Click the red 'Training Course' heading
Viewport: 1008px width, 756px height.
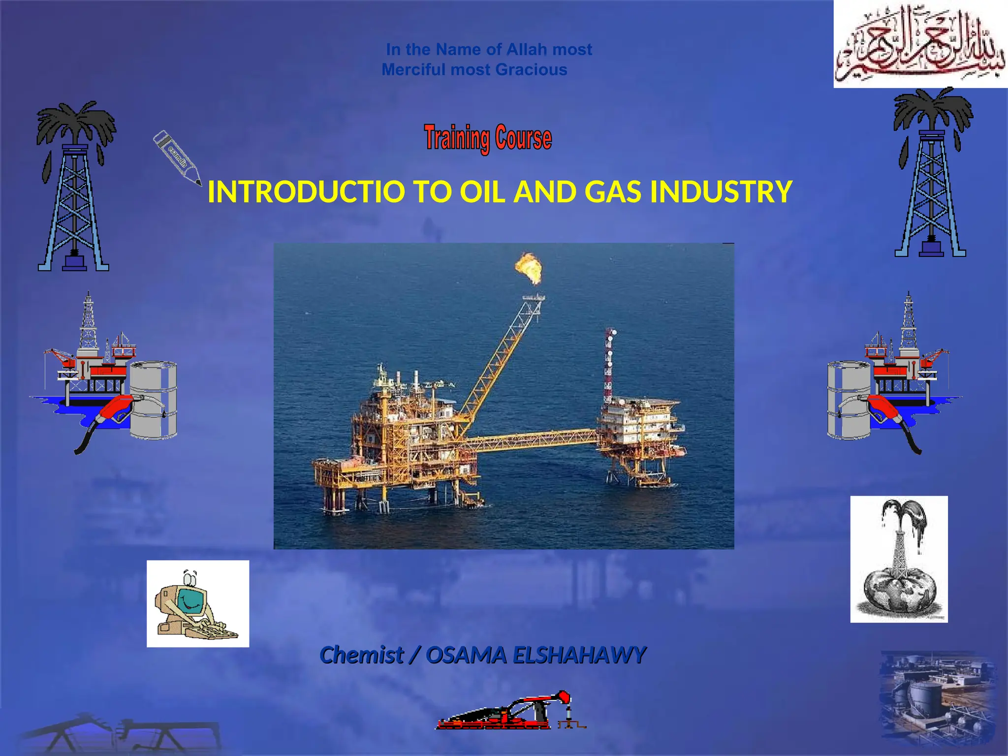488,138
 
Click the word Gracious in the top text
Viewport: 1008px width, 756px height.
531,70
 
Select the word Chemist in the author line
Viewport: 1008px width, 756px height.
362,655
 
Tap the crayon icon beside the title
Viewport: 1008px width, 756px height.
178,157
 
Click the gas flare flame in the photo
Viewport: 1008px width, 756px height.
529,268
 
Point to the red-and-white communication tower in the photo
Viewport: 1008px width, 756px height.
609,364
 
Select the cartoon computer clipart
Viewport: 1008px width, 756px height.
198,603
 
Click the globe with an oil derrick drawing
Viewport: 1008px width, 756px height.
899,559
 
